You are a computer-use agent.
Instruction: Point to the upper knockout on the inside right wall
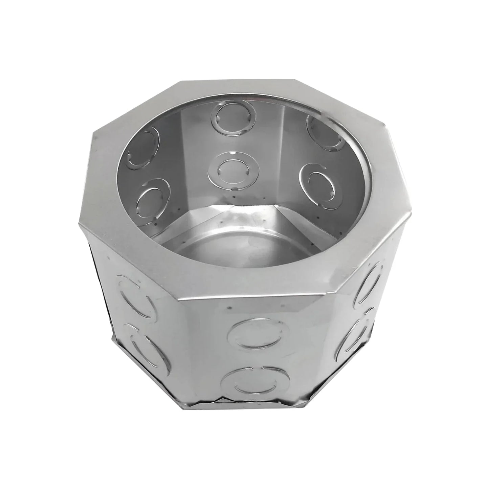point(324,132)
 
